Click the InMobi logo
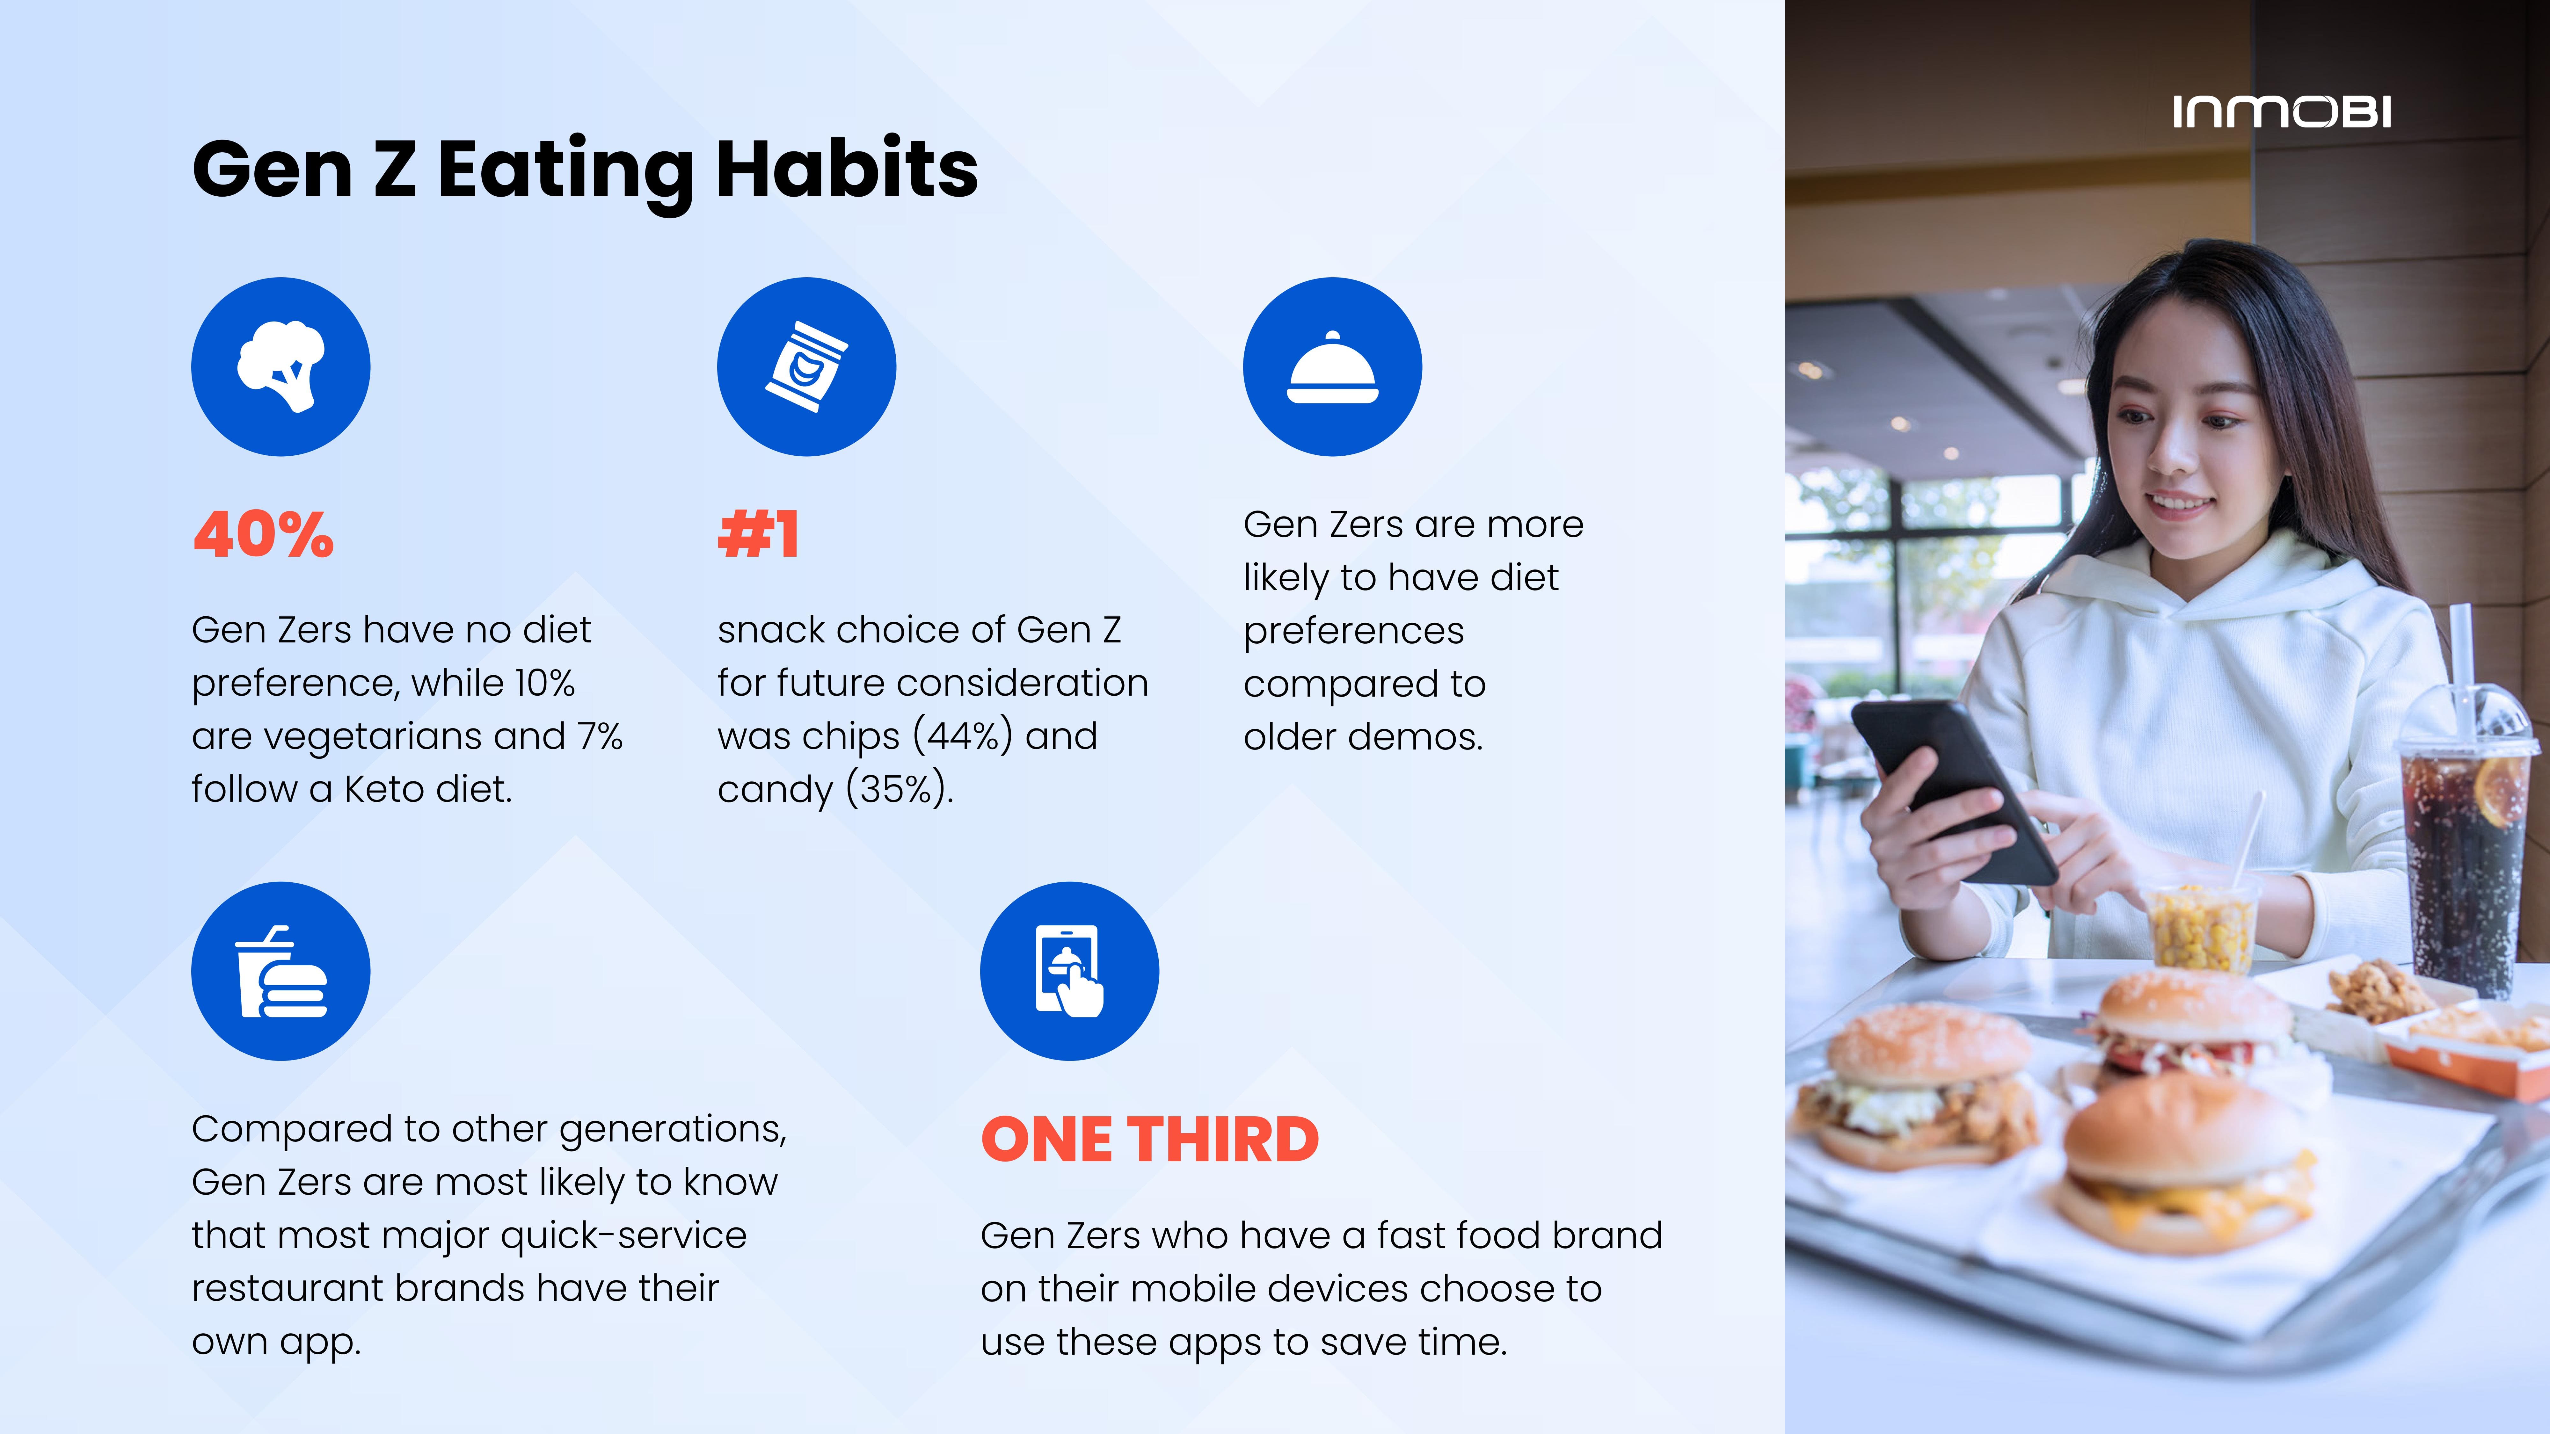click(2282, 112)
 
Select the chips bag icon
click(807, 366)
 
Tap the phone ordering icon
click(1069, 971)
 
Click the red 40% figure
click(263, 535)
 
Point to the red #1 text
click(758, 535)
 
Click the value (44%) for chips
click(962, 736)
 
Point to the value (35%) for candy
click(897, 790)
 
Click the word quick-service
click(623, 1236)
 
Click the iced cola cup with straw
click(2465, 831)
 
